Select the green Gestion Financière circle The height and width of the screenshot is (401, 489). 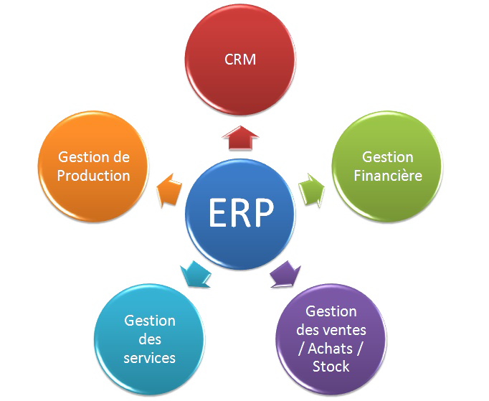(387, 166)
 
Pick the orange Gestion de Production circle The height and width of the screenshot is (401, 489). (94, 166)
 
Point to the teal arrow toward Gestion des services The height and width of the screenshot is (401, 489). (195, 273)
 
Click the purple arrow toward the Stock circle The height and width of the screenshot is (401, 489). (285, 273)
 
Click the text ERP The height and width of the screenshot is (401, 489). (241, 213)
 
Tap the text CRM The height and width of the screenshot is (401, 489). (240, 60)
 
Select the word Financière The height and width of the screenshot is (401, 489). (388, 175)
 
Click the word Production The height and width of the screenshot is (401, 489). (94, 175)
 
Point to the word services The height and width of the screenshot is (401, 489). (149, 357)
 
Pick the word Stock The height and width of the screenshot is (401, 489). (331, 367)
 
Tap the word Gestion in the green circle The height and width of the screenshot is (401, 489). (388, 156)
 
